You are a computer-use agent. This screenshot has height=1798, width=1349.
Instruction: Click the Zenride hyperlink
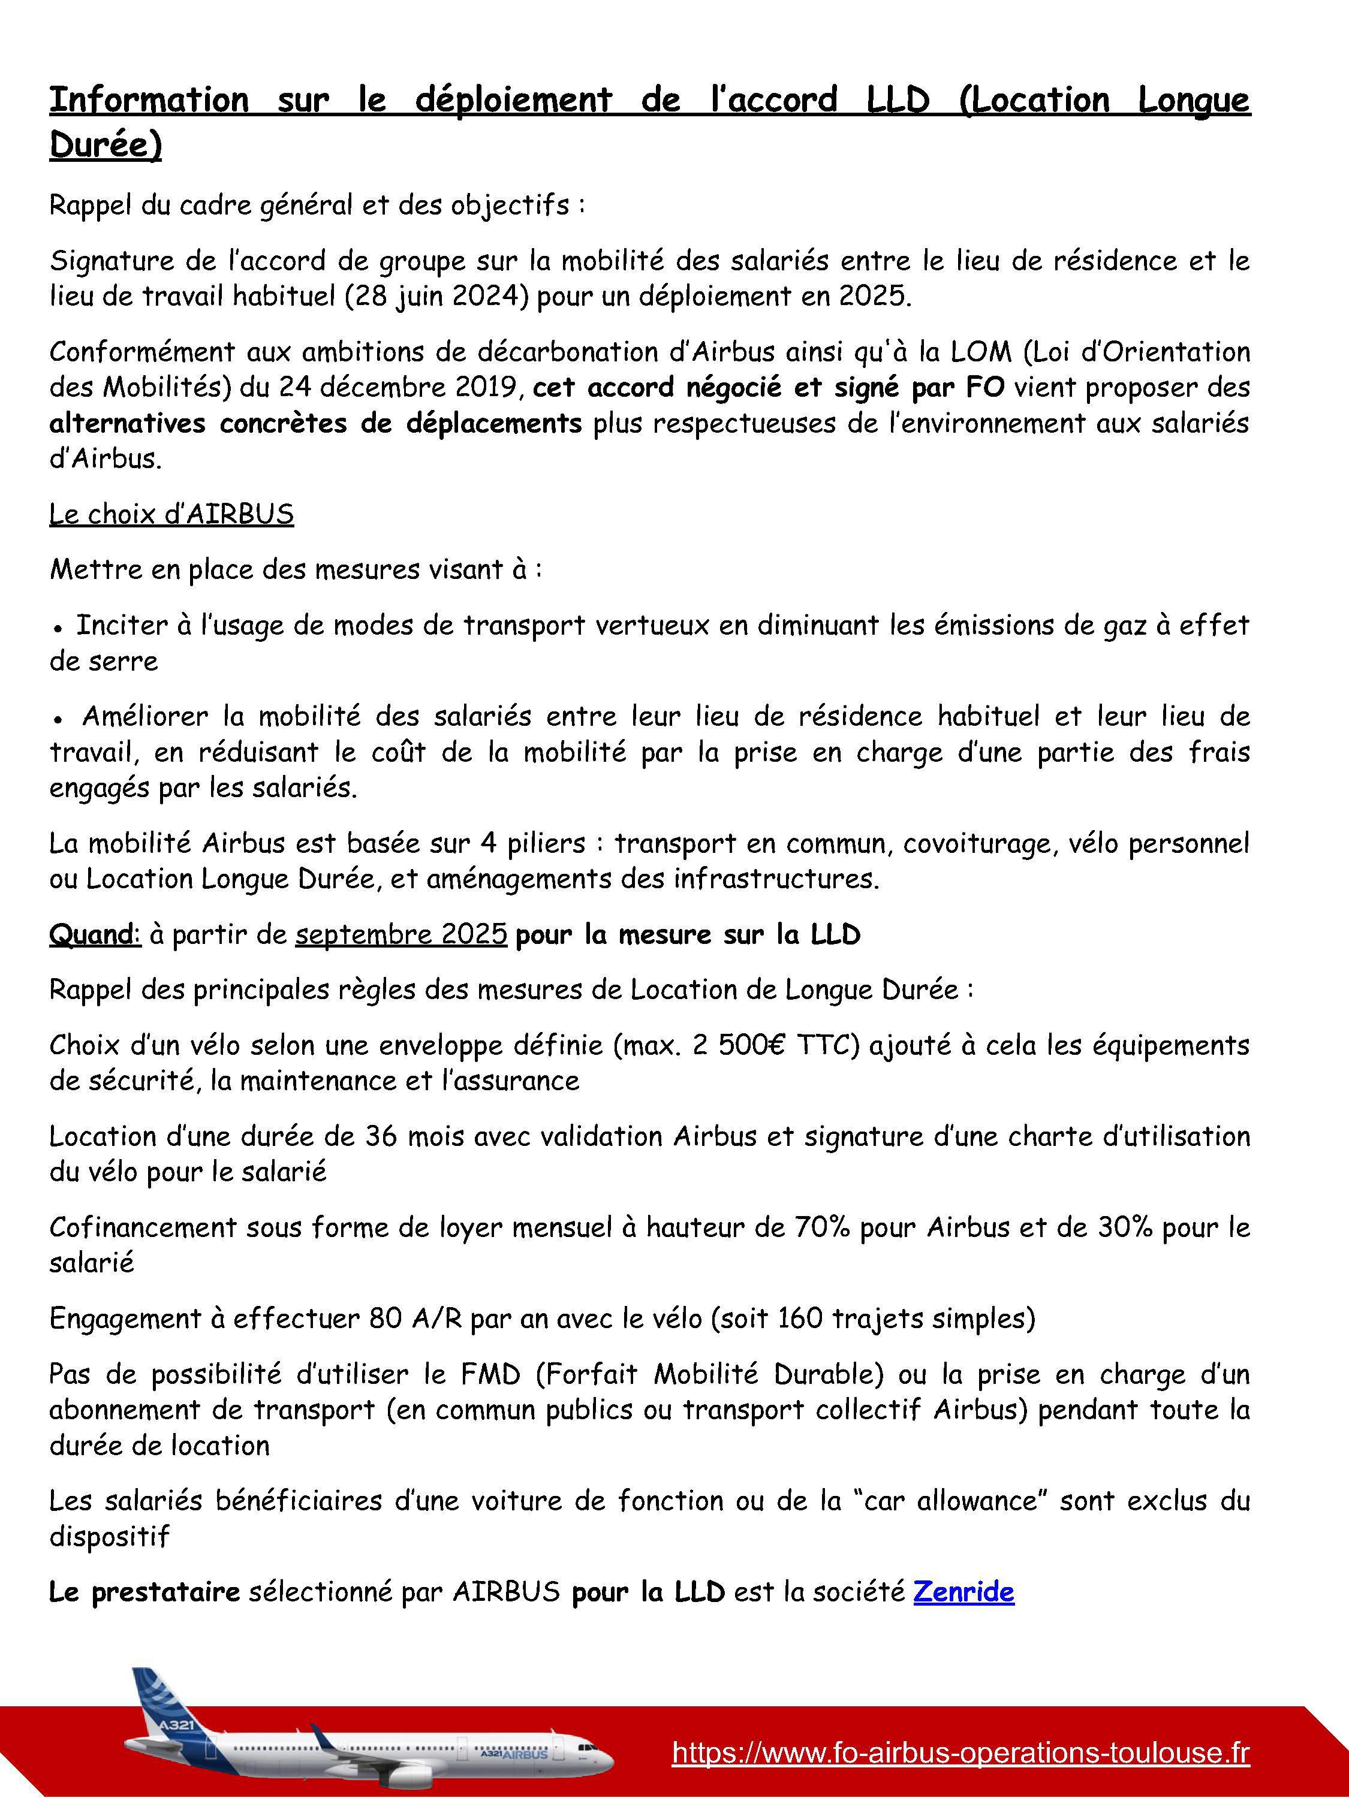tap(963, 1592)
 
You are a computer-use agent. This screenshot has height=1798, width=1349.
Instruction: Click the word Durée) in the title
tap(106, 144)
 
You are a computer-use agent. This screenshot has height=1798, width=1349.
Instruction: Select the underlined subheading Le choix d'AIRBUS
tap(171, 514)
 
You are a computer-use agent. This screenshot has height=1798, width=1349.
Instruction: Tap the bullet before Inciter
tap(58, 628)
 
